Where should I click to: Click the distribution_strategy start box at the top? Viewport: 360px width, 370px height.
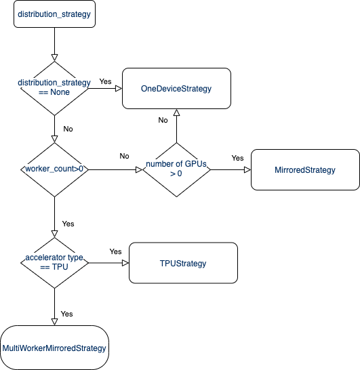(54, 14)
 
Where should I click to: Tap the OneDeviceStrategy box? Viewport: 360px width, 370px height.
(176, 88)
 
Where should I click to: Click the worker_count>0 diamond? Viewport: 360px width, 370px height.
(54, 169)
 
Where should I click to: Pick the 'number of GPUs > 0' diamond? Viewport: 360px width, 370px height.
(176, 169)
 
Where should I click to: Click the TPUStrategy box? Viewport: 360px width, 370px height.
(183, 263)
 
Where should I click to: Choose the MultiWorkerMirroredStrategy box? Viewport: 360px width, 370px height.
(54, 348)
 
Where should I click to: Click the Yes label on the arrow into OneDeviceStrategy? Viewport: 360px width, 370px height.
(106, 81)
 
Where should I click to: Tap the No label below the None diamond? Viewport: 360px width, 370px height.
(68, 128)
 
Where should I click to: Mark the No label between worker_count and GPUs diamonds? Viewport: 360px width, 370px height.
(124, 156)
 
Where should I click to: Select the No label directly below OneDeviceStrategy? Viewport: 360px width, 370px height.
(163, 120)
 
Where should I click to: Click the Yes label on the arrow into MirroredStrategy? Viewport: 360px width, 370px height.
(237, 158)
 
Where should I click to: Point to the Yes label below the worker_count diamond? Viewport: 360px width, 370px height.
(68, 223)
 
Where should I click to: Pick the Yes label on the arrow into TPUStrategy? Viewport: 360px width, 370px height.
(115, 251)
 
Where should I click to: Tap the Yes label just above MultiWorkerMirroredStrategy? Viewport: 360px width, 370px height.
(67, 314)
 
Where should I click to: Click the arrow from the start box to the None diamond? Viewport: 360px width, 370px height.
(54, 43)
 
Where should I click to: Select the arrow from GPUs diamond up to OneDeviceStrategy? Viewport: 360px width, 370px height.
(176, 125)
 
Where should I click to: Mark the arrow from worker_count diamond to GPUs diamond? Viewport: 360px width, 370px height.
(115, 169)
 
